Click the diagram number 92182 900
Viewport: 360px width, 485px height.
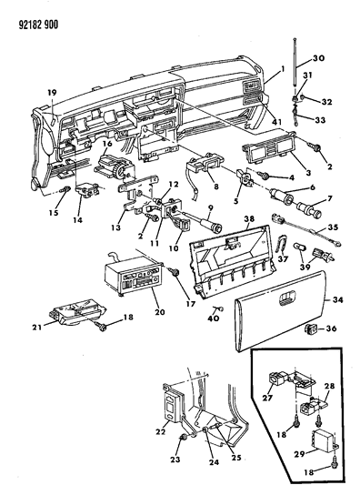click(38, 25)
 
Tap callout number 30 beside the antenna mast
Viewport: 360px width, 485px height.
click(318, 58)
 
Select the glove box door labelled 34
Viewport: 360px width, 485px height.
click(280, 310)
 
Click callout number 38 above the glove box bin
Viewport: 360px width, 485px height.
click(249, 218)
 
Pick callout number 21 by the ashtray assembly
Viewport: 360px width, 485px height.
click(36, 327)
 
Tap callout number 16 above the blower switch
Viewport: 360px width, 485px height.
click(107, 144)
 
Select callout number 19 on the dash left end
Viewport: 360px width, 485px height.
click(52, 92)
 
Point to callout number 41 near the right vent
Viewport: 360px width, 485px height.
click(276, 122)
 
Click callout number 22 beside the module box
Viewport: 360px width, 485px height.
click(161, 431)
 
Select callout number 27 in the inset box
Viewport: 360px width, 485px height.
click(267, 398)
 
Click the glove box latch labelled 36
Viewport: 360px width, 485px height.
click(309, 329)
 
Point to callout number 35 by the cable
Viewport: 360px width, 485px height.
click(333, 227)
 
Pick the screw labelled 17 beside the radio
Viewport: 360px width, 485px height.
click(175, 272)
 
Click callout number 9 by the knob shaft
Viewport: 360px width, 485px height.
click(210, 207)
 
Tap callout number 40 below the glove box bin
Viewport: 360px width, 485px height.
click(214, 318)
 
